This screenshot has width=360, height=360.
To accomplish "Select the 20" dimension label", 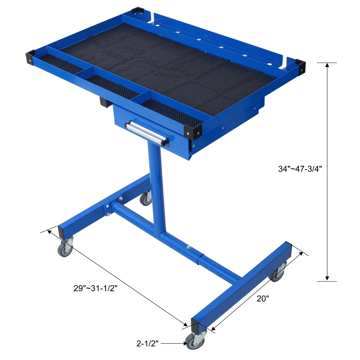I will (x=263, y=298).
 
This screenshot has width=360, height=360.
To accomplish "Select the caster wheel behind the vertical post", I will (x=146, y=199).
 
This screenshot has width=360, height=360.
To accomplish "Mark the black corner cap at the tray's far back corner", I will (x=137, y=12).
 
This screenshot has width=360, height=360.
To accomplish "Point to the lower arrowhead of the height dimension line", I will (x=327, y=278).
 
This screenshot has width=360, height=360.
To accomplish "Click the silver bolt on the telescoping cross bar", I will (x=188, y=247).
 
